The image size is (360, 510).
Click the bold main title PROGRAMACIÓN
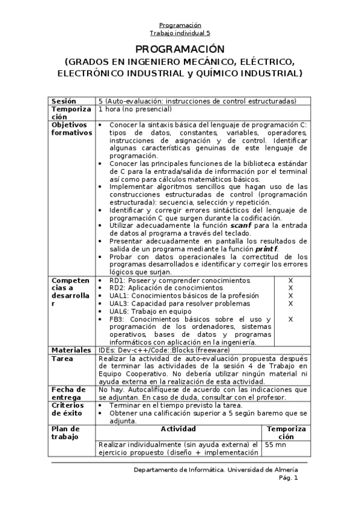click(x=180, y=49)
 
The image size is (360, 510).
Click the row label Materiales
click(x=71, y=349)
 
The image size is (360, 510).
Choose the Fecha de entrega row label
click(x=66, y=393)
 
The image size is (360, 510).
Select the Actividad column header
click(x=178, y=429)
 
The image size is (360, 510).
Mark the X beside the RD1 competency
click(x=290, y=280)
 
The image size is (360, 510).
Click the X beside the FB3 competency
click(x=290, y=319)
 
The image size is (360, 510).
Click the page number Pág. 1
click(x=288, y=478)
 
